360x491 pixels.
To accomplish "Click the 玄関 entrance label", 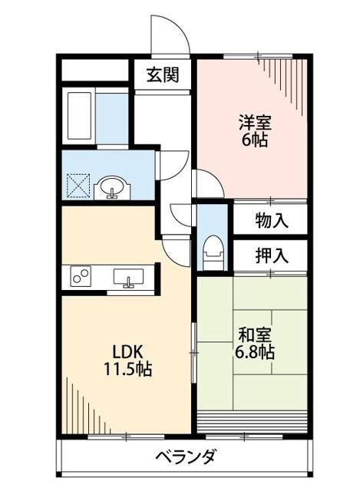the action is pyautogui.click(x=163, y=75).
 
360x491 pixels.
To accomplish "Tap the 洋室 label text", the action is pyautogui.click(x=255, y=123).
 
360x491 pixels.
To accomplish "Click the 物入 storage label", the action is pyautogui.click(x=271, y=221).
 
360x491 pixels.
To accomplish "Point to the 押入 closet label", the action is pyautogui.click(x=271, y=255).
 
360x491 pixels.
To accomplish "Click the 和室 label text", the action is pyautogui.click(x=255, y=335).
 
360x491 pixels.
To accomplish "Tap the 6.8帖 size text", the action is pyautogui.click(x=255, y=352).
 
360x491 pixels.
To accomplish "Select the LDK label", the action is pyautogui.click(x=128, y=352).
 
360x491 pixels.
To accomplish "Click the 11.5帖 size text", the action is pyautogui.click(x=128, y=369).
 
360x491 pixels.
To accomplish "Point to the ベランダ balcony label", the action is pyautogui.click(x=186, y=456).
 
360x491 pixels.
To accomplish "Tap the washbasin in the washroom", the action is pyautogui.click(x=112, y=188).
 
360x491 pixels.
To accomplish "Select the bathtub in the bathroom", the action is pyautogui.click(x=80, y=116).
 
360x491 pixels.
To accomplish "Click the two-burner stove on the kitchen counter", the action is pyautogui.click(x=81, y=276).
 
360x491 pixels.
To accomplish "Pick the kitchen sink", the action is pyautogui.click(x=128, y=278).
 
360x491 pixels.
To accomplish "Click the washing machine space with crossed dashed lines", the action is pyautogui.click(x=78, y=186).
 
